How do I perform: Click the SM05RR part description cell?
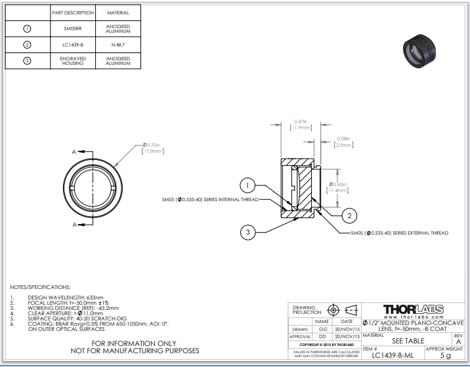click(73, 29)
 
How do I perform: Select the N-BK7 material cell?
click(118, 45)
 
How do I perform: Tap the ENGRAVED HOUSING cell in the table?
click(73, 61)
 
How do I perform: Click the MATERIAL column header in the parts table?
click(118, 12)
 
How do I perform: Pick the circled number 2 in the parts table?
click(27, 45)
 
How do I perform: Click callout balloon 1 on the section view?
click(247, 185)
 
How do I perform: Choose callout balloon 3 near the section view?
click(248, 231)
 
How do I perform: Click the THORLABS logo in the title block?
click(413, 309)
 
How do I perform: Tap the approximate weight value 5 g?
click(445, 355)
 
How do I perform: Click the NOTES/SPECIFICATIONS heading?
click(40, 287)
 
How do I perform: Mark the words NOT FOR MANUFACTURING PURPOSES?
click(133, 351)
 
